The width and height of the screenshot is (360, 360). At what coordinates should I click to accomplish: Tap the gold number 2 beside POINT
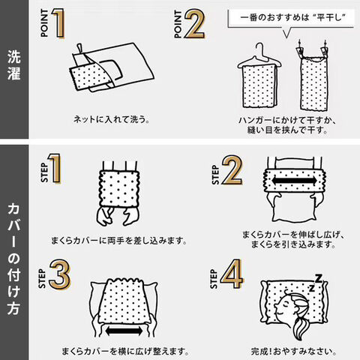[195, 24]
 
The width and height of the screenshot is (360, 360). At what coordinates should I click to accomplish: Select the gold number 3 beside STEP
[60, 274]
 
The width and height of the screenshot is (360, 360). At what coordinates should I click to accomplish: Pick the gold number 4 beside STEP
[232, 274]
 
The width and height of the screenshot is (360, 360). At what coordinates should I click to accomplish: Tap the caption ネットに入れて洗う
[112, 119]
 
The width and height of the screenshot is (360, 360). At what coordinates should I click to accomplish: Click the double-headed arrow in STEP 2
[294, 181]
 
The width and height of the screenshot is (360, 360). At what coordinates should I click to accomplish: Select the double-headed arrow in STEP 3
[124, 331]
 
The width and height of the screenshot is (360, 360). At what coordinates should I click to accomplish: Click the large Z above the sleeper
[318, 278]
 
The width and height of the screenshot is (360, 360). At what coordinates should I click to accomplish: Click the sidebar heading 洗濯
[14, 65]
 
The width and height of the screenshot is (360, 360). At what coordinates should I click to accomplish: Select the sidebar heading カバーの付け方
[14, 259]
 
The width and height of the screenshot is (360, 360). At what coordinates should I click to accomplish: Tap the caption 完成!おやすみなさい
[294, 351]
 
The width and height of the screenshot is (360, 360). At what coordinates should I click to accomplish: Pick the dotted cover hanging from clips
[313, 83]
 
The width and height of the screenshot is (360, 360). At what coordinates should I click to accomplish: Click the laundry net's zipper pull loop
[79, 48]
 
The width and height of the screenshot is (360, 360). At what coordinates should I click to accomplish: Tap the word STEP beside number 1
[44, 172]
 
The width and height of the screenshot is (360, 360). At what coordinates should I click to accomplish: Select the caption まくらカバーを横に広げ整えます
[125, 352]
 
